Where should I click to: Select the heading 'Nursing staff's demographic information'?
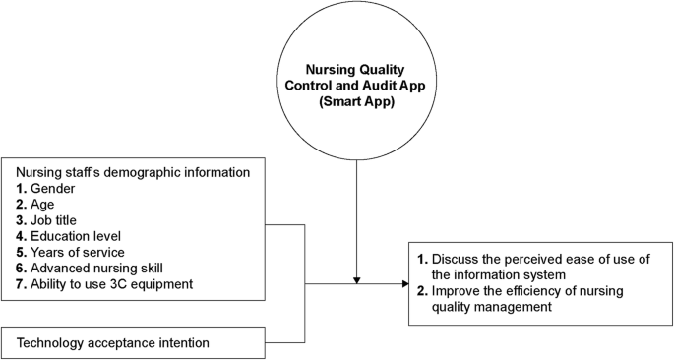tap(132, 171)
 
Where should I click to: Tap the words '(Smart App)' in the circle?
tap(355, 101)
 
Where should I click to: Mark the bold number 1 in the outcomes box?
tap(421, 259)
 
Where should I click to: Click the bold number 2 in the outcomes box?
tap(421, 291)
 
